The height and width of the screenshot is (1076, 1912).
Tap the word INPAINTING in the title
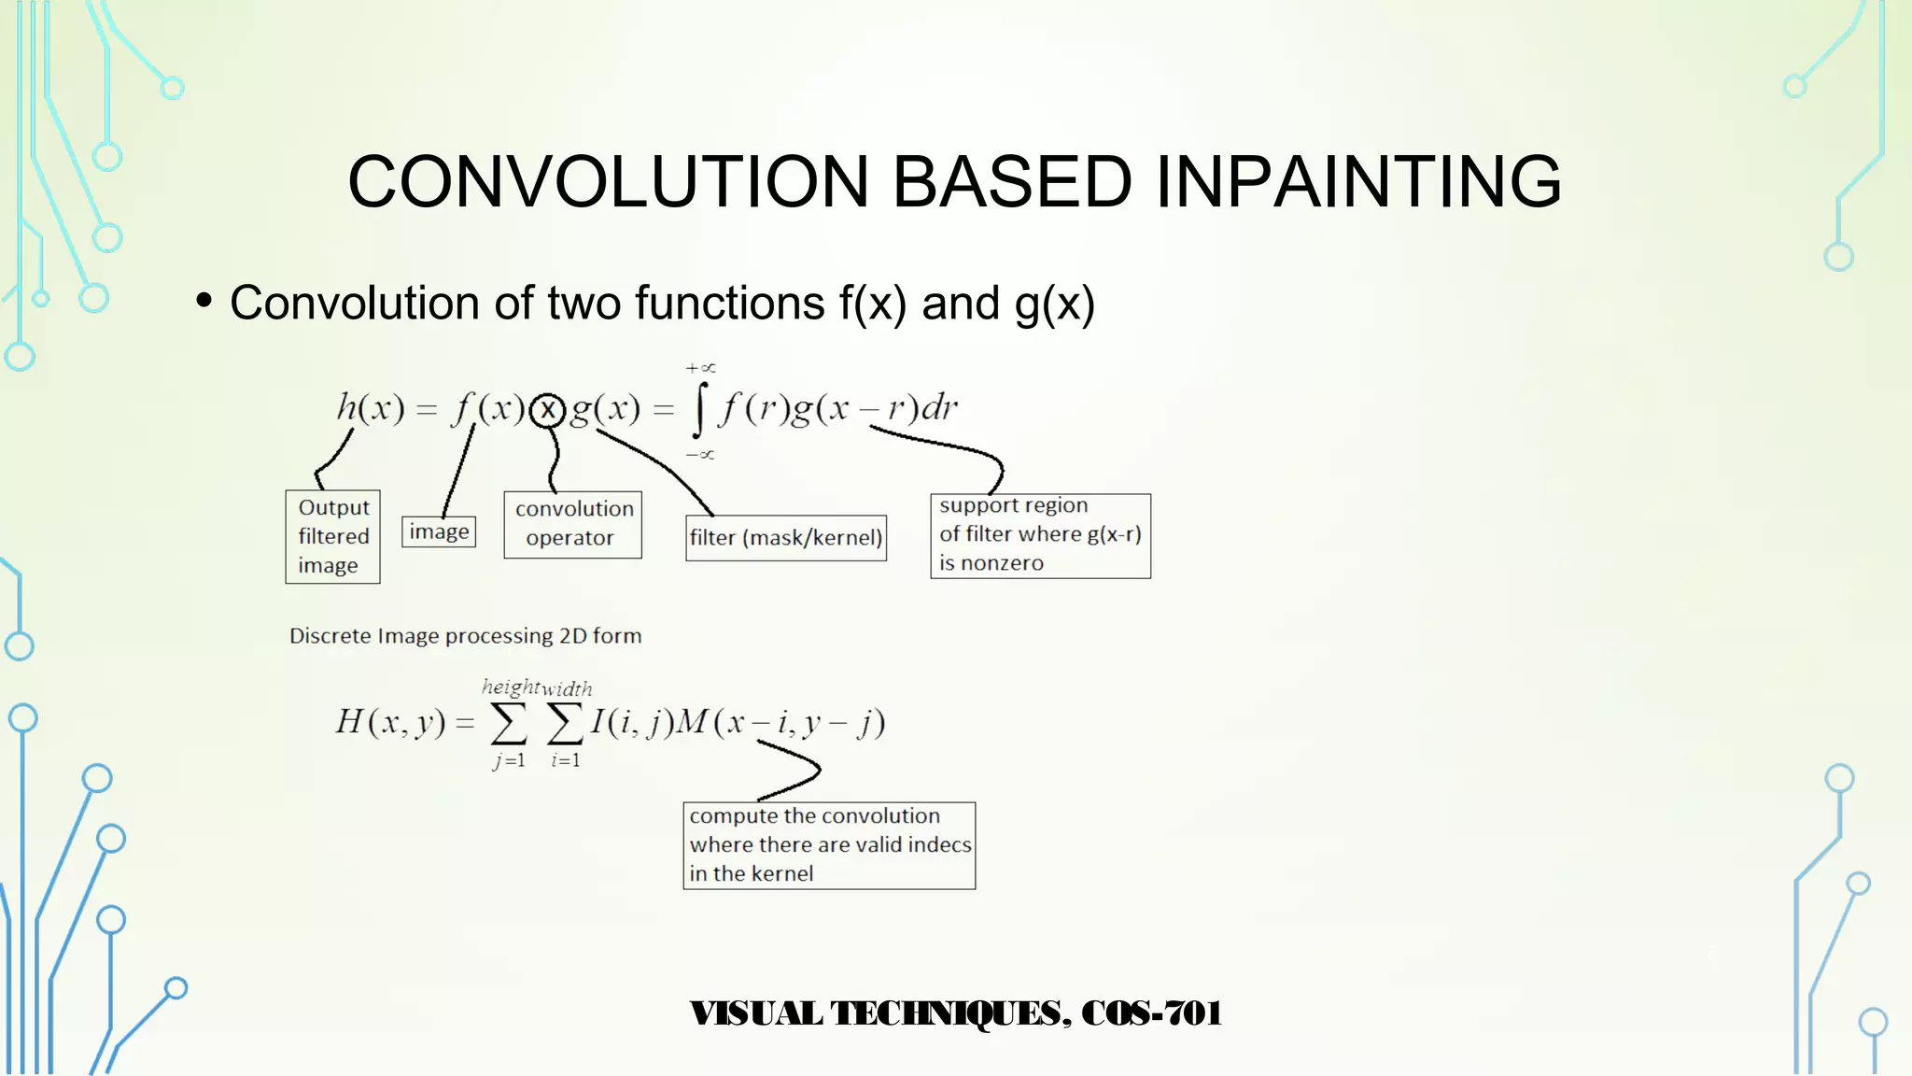pos(1358,181)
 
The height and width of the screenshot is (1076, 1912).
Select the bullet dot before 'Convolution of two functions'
pos(204,301)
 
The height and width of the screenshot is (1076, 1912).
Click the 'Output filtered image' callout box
pos(332,537)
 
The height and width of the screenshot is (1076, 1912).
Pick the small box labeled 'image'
pos(439,531)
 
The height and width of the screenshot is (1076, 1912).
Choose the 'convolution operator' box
pos(572,524)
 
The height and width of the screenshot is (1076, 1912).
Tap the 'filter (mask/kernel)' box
pos(785,538)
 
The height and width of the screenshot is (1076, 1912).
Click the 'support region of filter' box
pos(1040,535)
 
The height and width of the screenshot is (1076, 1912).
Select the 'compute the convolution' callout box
pos(829,845)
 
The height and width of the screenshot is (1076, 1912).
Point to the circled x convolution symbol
pos(548,409)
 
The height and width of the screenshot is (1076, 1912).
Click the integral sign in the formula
pos(700,410)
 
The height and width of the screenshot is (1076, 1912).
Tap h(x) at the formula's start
pos(371,408)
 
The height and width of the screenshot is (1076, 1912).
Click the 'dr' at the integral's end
pos(938,408)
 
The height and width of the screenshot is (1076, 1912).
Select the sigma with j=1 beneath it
pos(509,723)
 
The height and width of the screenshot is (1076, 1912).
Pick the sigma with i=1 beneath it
pos(565,723)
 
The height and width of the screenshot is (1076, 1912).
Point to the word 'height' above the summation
pos(510,687)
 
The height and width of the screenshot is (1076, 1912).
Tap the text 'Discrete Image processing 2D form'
pos(465,636)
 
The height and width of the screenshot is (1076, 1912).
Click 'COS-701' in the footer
pos(1151,1013)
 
